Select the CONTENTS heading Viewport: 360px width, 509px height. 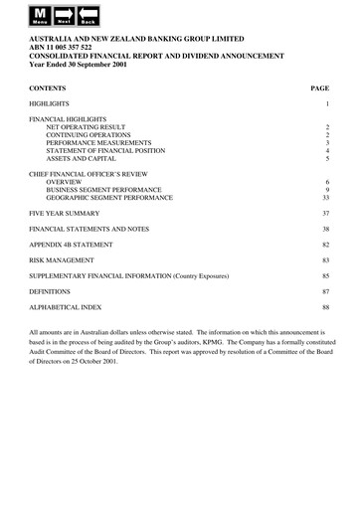(49, 86)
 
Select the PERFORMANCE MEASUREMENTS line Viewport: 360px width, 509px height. (98, 144)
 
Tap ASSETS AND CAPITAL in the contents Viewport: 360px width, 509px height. (84, 158)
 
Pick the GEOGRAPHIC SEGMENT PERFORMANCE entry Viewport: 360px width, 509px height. (109, 198)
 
